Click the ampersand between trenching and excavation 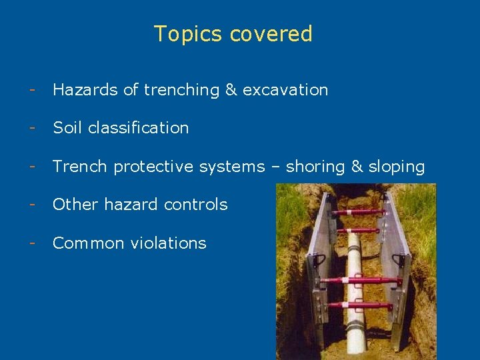pyautogui.click(x=231, y=90)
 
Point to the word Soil pyautogui.click(x=67, y=128)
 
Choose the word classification pyautogui.click(x=138, y=128)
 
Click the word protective pyautogui.click(x=153, y=167)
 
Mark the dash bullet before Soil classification pyautogui.click(x=31, y=128)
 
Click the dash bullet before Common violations pyautogui.click(x=31, y=243)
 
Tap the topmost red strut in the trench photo pyautogui.click(x=361, y=213)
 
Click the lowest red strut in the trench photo pyautogui.click(x=361, y=305)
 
